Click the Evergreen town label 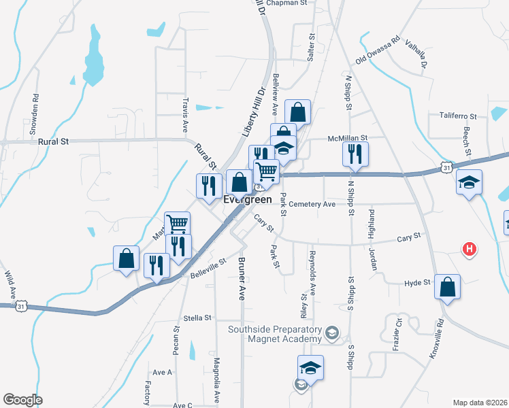pyautogui.click(x=248, y=199)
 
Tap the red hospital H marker pyautogui.click(x=469, y=250)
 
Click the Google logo pyautogui.click(x=23, y=400)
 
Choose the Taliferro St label pyautogui.click(x=458, y=116)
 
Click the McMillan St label pyautogui.click(x=348, y=137)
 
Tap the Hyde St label pyautogui.click(x=418, y=282)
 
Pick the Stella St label pyautogui.click(x=198, y=318)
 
